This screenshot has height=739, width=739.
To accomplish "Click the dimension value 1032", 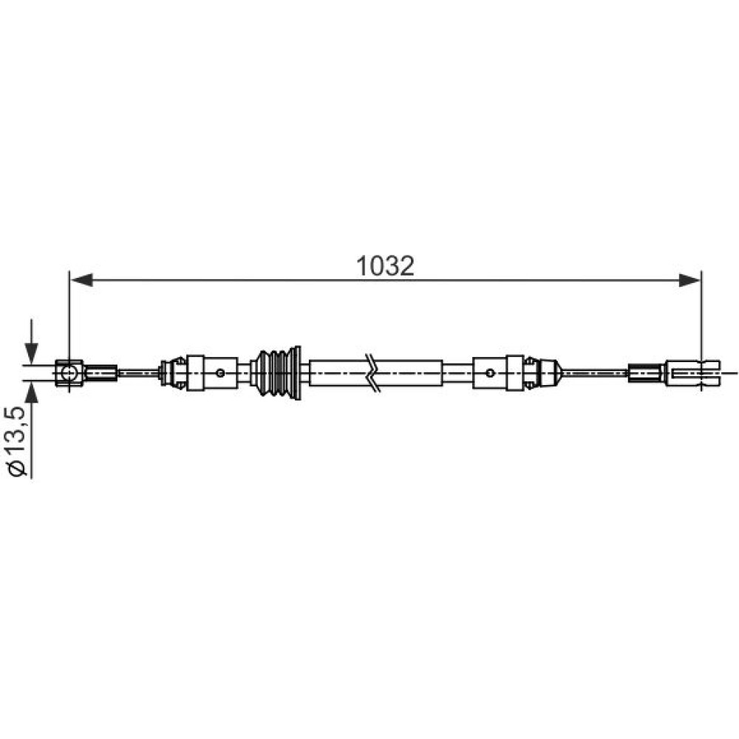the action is (x=385, y=266).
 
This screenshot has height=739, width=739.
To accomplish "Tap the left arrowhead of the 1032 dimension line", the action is (x=81, y=280).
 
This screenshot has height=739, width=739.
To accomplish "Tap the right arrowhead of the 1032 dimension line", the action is (x=689, y=280).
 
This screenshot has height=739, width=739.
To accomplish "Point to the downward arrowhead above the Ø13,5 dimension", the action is (x=31, y=353).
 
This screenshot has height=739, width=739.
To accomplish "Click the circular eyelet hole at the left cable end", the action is (x=68, y=373).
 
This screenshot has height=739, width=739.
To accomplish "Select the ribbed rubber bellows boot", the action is (x=278, y=373).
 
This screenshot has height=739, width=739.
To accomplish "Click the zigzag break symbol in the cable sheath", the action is (x=372, y=373).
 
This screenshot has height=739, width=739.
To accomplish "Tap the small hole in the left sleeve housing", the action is (x=220, y=373).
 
